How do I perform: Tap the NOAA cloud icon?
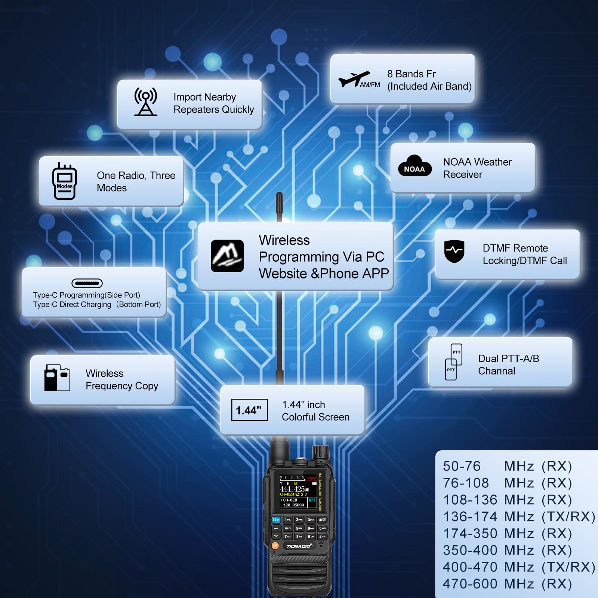tap(414, 167)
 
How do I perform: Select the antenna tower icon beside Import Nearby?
tap(146, 102)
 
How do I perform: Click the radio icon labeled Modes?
tap(65, 181)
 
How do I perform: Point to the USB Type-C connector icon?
tap(87, 283)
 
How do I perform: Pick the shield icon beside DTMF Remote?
tap(454, 251)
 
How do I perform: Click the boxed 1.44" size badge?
tap(249, 410)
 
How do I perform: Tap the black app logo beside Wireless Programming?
tap(227, 256)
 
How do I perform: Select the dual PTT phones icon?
tap(453, 362)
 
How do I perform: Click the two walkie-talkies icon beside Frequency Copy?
tap(57, 378)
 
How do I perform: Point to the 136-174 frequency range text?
tap(470, 517)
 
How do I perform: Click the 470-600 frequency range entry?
tap(470, 584)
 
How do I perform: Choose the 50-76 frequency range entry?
tap(462, 466)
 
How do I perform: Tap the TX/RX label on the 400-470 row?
tap(568, 567)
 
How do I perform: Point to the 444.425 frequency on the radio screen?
tap(295, 489)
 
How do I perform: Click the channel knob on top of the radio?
tap(320, 453)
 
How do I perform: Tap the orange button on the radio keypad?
tap(275, 546)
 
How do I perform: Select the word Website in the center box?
tap(283, 274)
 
